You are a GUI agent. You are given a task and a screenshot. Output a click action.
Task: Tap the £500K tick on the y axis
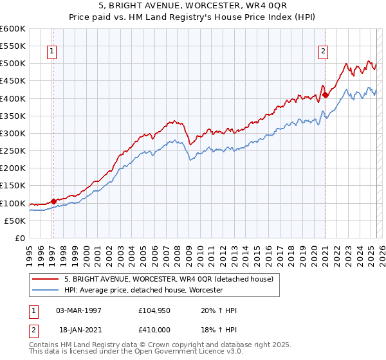pyautogui.click(x=13, y=64)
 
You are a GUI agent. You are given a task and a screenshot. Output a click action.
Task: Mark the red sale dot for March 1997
pyautogui.click(x=53, y=201)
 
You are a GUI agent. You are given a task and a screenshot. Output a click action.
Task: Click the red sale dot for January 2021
pyautogui.click(x=326, y=94)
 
